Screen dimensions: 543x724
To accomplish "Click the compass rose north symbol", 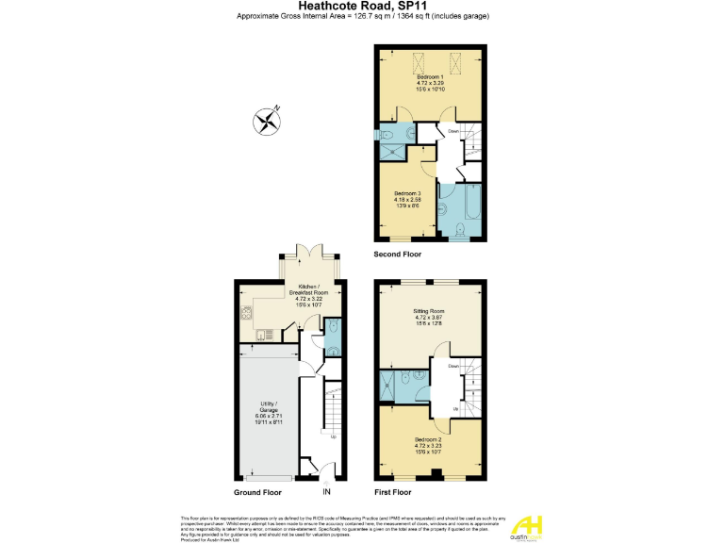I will [268, 120].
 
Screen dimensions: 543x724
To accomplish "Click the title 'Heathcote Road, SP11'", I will [362, 6].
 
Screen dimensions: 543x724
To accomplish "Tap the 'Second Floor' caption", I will [398, 255].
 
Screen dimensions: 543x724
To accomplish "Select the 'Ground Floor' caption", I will [257, 492].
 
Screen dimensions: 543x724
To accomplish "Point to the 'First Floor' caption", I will [393, 492].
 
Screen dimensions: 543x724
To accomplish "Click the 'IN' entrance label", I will [326, 492].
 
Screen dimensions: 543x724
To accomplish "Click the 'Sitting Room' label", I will [429, 313].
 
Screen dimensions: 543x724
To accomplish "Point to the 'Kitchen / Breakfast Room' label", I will [309, 293].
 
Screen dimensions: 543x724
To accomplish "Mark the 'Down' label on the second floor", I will [453, 132].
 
